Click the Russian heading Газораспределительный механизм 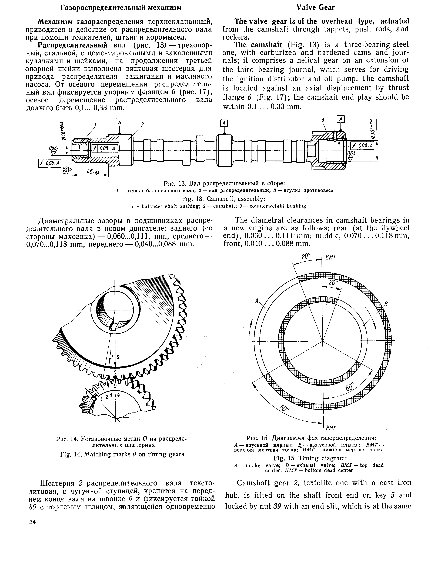click(121, 8)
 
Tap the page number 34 click(33, 522)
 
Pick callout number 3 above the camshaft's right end click(323, 120)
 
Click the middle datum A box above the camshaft click(224, 123)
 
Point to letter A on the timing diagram click(257, 300)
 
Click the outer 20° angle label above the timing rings click(306, 257)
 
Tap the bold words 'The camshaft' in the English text click(258, 45)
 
